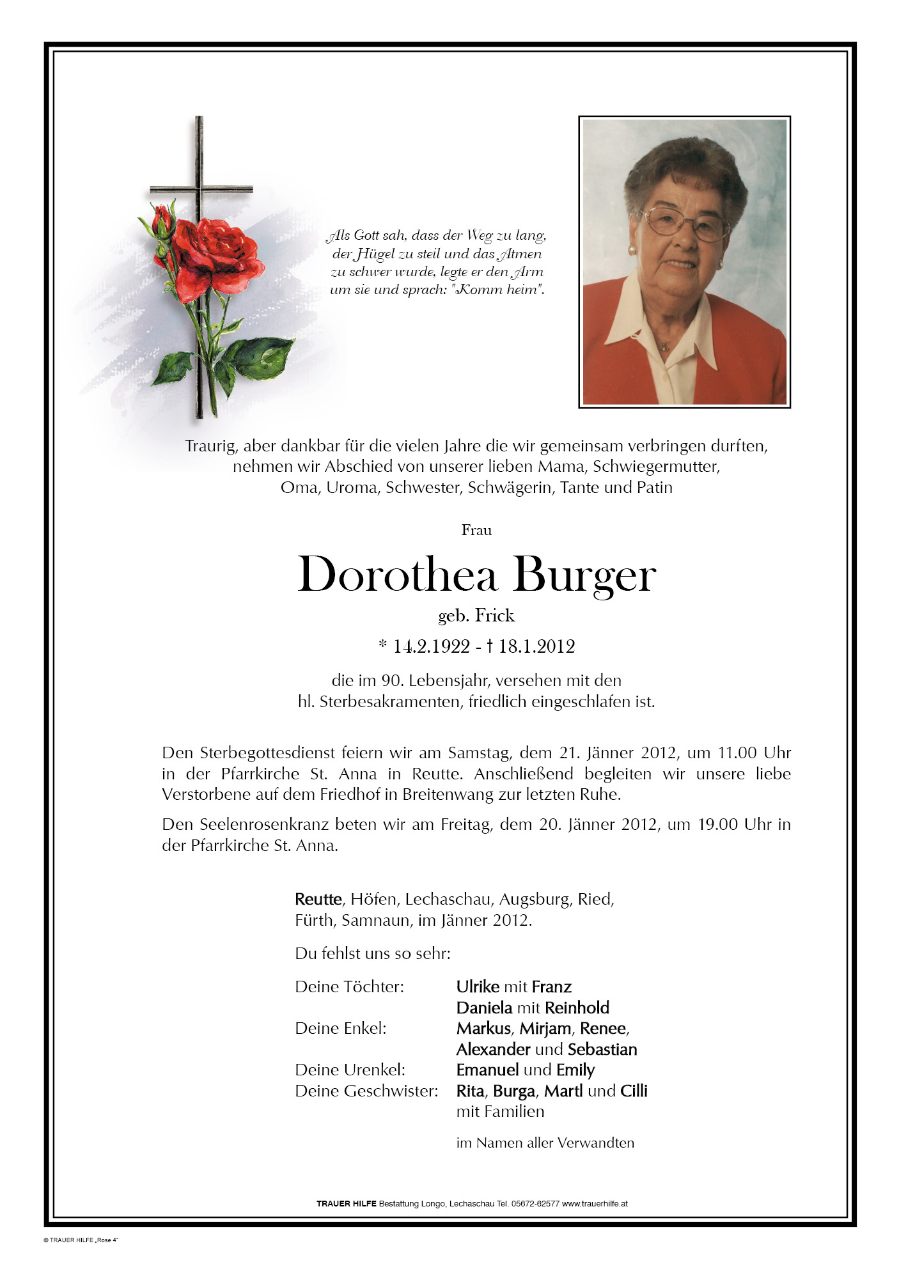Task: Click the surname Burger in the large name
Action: (x=584, y=575)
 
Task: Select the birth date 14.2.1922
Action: (x=432, y=646)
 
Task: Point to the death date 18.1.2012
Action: (x=536, y=646)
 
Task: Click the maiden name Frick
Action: (x=494, y=615)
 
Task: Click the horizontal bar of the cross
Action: (x=201, y=189)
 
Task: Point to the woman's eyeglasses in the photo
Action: (x=685, y=223)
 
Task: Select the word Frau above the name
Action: (x=476, y=530)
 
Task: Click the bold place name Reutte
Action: (x=318, y=899)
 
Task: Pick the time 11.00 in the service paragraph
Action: (x=737, y=752)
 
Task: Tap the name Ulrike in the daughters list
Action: (x=478, y=986)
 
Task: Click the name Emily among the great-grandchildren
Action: (x=575, y=1070)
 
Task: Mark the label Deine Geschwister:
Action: (x=366, y=1091)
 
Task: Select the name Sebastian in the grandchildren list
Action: (x=602, y=1049)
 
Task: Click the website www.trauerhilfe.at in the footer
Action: (x=595, y=1203)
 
